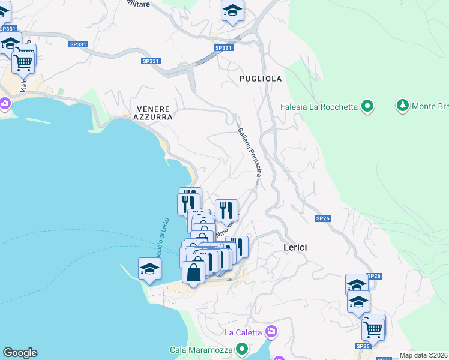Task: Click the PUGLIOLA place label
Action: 261,79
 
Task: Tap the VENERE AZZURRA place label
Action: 154,113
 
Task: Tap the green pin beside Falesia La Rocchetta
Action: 367,107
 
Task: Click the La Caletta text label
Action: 243,332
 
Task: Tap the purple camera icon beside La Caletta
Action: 271,331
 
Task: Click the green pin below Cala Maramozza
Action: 242,349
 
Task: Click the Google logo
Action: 20,353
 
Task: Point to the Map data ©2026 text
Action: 424,355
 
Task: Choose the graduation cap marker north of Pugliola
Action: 232,11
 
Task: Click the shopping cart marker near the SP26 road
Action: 373,328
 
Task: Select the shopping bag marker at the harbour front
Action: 193,272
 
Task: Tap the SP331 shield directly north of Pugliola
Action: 223,48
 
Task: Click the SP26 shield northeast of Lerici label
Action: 323,218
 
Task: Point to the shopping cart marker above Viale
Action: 23,61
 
